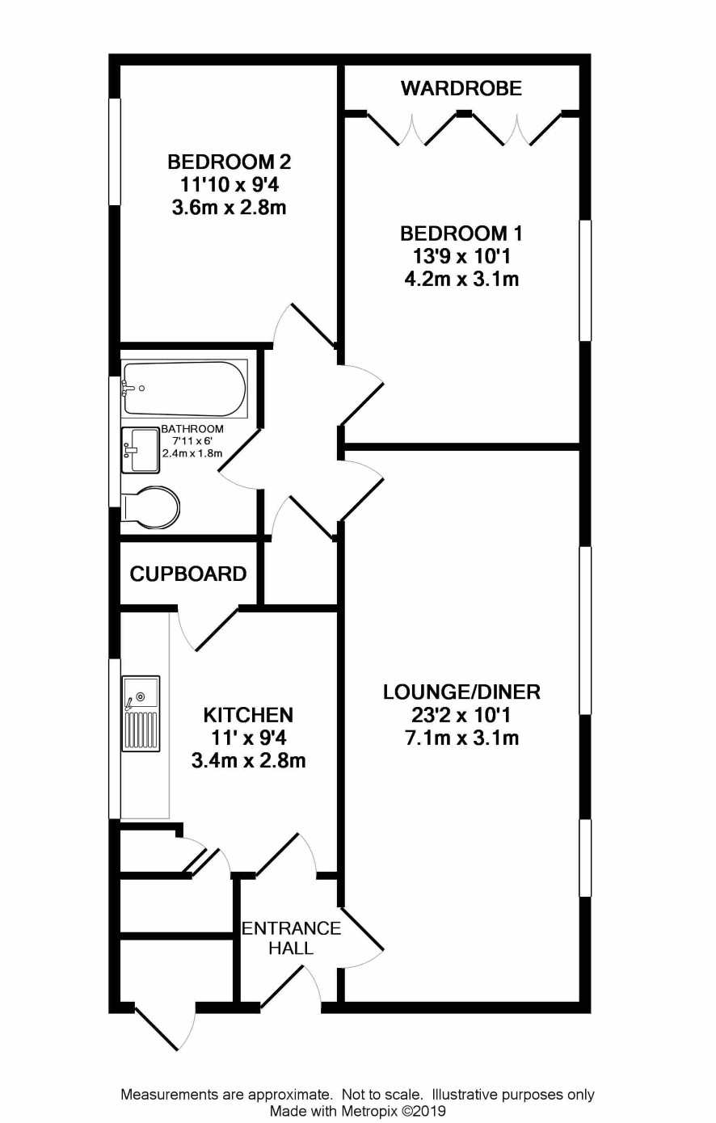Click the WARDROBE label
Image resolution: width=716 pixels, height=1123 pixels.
point(461,88)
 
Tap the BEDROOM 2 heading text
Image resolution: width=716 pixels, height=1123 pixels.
point(230,162)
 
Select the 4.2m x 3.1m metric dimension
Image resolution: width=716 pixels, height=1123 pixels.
point(461,280)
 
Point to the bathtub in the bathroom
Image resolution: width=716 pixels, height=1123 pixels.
point(184,389)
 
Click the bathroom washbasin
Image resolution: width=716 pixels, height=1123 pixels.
point(141,450)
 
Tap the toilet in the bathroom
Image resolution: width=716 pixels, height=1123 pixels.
point(150,508)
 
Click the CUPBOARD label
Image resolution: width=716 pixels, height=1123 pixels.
point(188,574)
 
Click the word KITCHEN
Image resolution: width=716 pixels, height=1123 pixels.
point(248,715)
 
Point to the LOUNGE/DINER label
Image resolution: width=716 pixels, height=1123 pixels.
point(461,692)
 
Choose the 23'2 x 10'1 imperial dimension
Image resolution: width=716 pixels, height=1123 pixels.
point(461,716)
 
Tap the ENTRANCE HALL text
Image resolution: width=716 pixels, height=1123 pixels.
point(291,938)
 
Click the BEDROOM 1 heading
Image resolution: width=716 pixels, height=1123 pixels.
point(461,233)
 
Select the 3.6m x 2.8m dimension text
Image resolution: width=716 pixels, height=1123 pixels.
point(230,208)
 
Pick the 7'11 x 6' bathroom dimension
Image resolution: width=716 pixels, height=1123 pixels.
point(192,441)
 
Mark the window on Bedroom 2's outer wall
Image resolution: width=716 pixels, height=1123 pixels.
point(116,151)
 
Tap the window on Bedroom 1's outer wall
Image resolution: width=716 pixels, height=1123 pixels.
point(585,281)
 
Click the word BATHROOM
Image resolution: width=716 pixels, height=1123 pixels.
point(192,429)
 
